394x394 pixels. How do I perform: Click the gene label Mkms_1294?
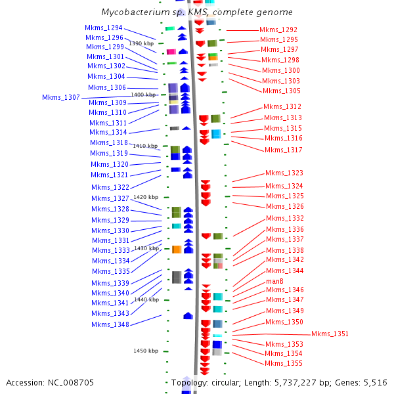[x=103, y=28]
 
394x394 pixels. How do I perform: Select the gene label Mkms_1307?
[x=61, y=97]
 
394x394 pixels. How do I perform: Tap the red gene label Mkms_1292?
[x=278, y=30]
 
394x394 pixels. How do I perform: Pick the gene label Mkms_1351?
[x=330, y=334]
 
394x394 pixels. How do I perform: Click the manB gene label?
[x=274, y=281]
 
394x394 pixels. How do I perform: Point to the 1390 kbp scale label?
[x=141, y=43]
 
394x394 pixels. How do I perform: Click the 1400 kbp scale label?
[x=143, y=95]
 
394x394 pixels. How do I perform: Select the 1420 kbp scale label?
[x=146, y=197]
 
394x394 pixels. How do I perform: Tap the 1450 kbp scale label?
[x=146, y=351]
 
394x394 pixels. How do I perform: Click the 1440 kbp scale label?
[x=146, y=299]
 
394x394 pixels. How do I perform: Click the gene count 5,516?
[x=374, y=382]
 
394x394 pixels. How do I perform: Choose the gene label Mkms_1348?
[x=110, y=324]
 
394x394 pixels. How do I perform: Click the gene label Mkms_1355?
[x=284, y=363]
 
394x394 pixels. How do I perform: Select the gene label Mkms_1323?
[x=284, y=173]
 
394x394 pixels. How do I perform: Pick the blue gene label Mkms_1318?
[x=108, y=142]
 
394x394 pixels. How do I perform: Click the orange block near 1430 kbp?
[x=177, y=249]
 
